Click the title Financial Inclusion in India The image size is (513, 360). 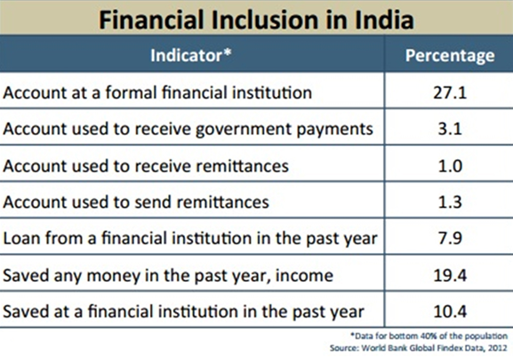pyautogui.click(x=256, y=20)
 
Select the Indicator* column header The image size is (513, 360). pyautogui.click(x=191, y=55)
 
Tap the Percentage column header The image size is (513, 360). pyautogui.click(x=450, y=56)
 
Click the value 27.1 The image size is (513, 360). pyautogui.click(x=450, y=92)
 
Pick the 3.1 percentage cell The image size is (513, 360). pyautogui.click(x=450, y=129)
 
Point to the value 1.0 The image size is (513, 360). pyautogui.click(x=450, y=165)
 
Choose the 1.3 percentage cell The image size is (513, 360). pyautogui.click(x=450, y=202)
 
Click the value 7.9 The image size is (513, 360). pyautogui.click(x=450, y=238)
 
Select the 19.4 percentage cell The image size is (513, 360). pyautogui.click(x=450, y=276)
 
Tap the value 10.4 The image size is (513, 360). pyautogui.click(x=450, y=311)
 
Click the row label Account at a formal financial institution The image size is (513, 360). pyautogui.click(x=157, y=92)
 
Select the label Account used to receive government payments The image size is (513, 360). pyautogui.click(x=188, y=130)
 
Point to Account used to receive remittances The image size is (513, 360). pyautogui.click(x=146, y=165)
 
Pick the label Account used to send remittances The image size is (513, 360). pyautogui.click(x=136, y=202)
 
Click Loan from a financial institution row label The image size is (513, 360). pyautogui.click(x=190, y=239)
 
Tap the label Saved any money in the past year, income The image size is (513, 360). pyautogui.click(x=168, y=276)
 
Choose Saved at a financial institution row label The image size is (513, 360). pyautogui.click(x=183, y=312)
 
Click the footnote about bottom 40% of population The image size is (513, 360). pyautogui.click(x=429, y=336)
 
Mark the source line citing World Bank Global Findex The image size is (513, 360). pyautogui.click(x=419, y=348)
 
